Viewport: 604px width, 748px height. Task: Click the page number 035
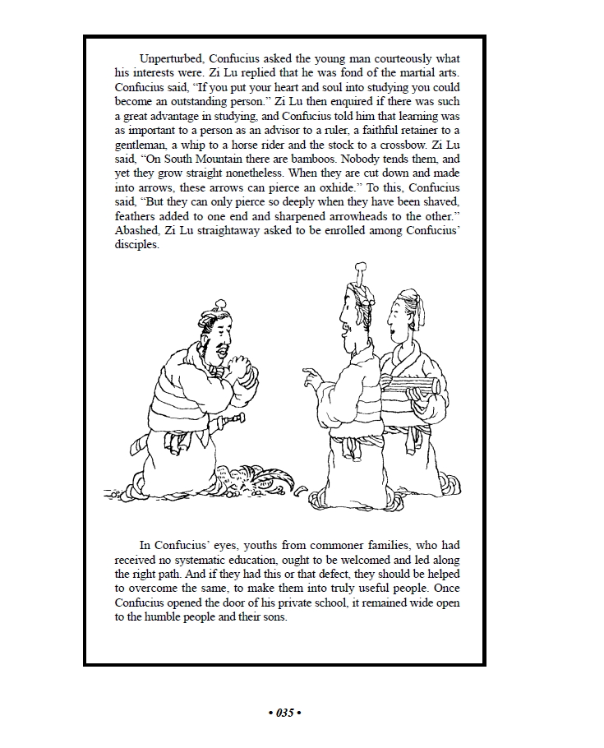coord(285,713)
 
